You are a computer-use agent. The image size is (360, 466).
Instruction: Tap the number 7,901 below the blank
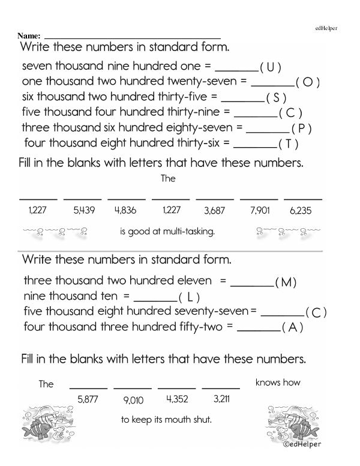pos(259,211)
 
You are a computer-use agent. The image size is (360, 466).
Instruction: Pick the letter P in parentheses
pos(301,129)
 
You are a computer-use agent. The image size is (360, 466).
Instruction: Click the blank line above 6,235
pos(303,199)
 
